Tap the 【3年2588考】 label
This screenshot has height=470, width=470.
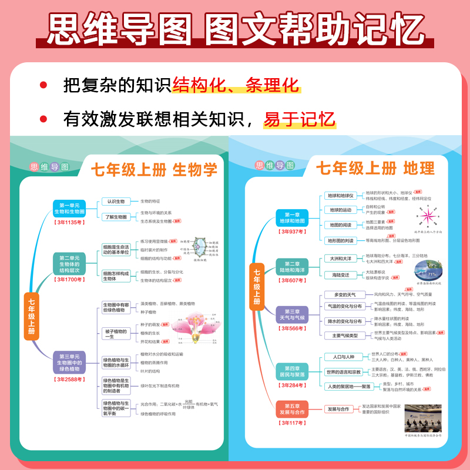click(x=69, y=380)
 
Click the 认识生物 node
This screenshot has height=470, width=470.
click(x=115, y=202)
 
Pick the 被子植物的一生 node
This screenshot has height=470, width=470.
click(x=116, y=334)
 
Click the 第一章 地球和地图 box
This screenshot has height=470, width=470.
click(x=291, y=218)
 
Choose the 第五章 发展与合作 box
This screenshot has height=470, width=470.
click(x=291, y=409)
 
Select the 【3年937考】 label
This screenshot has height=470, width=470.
click(x=291, y=232)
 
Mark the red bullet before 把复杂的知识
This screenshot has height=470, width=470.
click(x=43, y=86)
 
